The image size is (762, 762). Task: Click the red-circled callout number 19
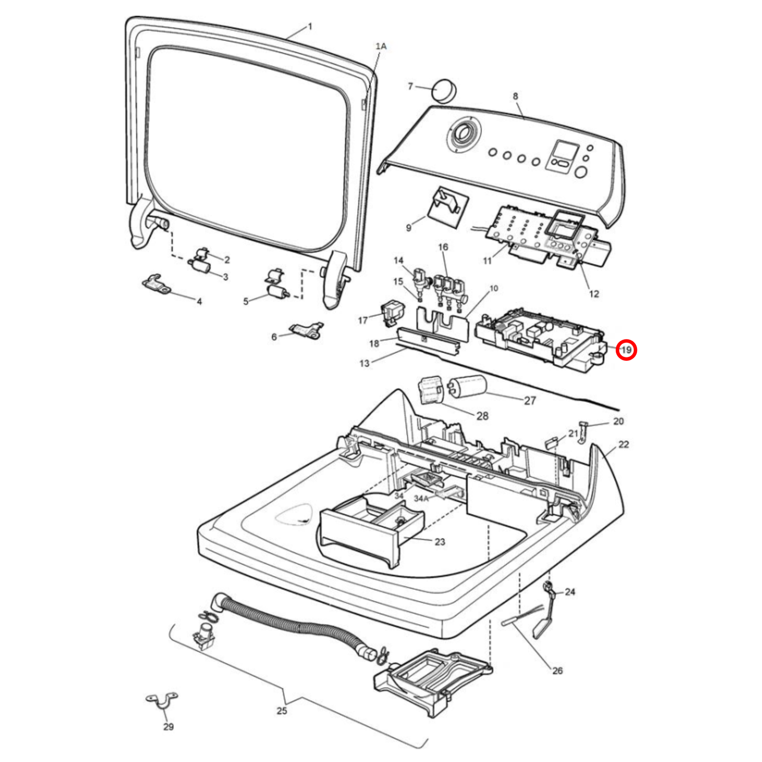[x=626, y=350]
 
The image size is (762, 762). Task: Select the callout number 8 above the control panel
[x=515, y=96]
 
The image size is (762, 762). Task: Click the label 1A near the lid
[x=380, y=46]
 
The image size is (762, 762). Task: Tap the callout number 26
[x=557, y=671]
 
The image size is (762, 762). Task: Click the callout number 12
[x=594, y=293]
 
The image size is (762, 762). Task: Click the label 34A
[x=421, y=499]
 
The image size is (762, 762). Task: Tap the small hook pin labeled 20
[x=584, y=432]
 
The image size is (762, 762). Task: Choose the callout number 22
[x=624, y=445]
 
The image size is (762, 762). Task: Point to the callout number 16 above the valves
[x=443, y=247]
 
